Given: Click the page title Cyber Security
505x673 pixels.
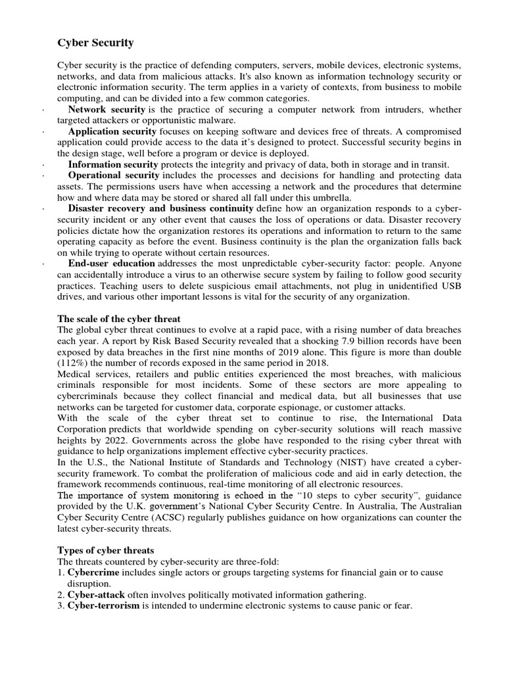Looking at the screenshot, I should pyautogui.click(x=95, y=43).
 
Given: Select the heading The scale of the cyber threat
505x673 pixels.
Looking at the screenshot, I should pyautogui.click(x=119, y=319).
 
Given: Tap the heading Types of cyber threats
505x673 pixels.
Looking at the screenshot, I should pyautogui.click(x=106, y=549).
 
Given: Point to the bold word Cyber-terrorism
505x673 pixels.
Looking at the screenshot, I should pyautogui.click(x=103, y=605).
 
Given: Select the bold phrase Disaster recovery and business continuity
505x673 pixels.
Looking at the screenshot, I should pyautogui.click(x=160, y=208).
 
